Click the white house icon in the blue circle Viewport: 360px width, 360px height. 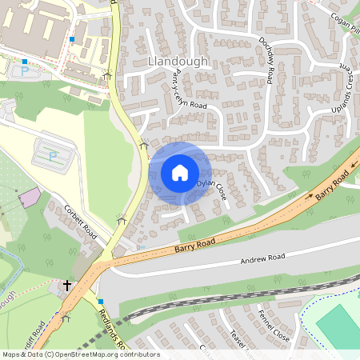click(x=180, y=172)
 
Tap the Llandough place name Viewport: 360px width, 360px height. click(x=178, y=62)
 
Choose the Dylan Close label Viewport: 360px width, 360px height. click(x=212, y=189)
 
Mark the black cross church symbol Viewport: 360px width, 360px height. click(x=67, y=284)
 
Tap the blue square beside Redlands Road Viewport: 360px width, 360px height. click(x=101, y=301)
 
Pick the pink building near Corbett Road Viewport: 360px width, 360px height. click(x=30, y=197)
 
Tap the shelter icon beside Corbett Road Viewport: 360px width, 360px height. click(x=122, y=218)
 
